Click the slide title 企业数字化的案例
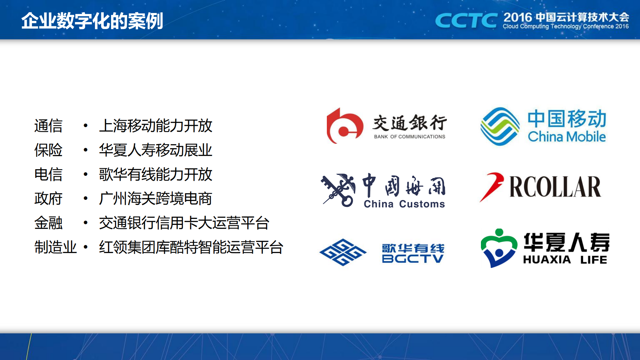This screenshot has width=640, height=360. [92, 21]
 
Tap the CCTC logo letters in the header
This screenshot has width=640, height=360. [466, 21]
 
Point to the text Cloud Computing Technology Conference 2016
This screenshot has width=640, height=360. [566, 26]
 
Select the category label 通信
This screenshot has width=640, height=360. [48, 126]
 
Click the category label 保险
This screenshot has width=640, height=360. [48, 150]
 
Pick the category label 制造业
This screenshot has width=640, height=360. [55, 247]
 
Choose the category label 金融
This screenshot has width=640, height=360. [48, 223]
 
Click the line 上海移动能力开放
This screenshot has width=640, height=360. [155, 126]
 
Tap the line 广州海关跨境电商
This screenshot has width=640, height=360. [155, 199]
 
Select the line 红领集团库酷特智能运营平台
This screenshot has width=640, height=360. [191, 247]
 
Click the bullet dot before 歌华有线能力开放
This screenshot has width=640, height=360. [86, 174]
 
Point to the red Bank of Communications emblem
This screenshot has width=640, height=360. [345, 126]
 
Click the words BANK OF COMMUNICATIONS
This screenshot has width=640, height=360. [410, 136]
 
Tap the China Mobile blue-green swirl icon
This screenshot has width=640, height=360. [500, 126]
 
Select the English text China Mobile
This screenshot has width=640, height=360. [567, 136]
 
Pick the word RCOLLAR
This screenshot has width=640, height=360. [555, 187]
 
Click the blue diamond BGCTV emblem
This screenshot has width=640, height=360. [343, 252]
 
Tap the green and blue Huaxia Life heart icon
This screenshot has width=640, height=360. [499, 248]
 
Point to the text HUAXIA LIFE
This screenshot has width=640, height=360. [565, 260]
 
